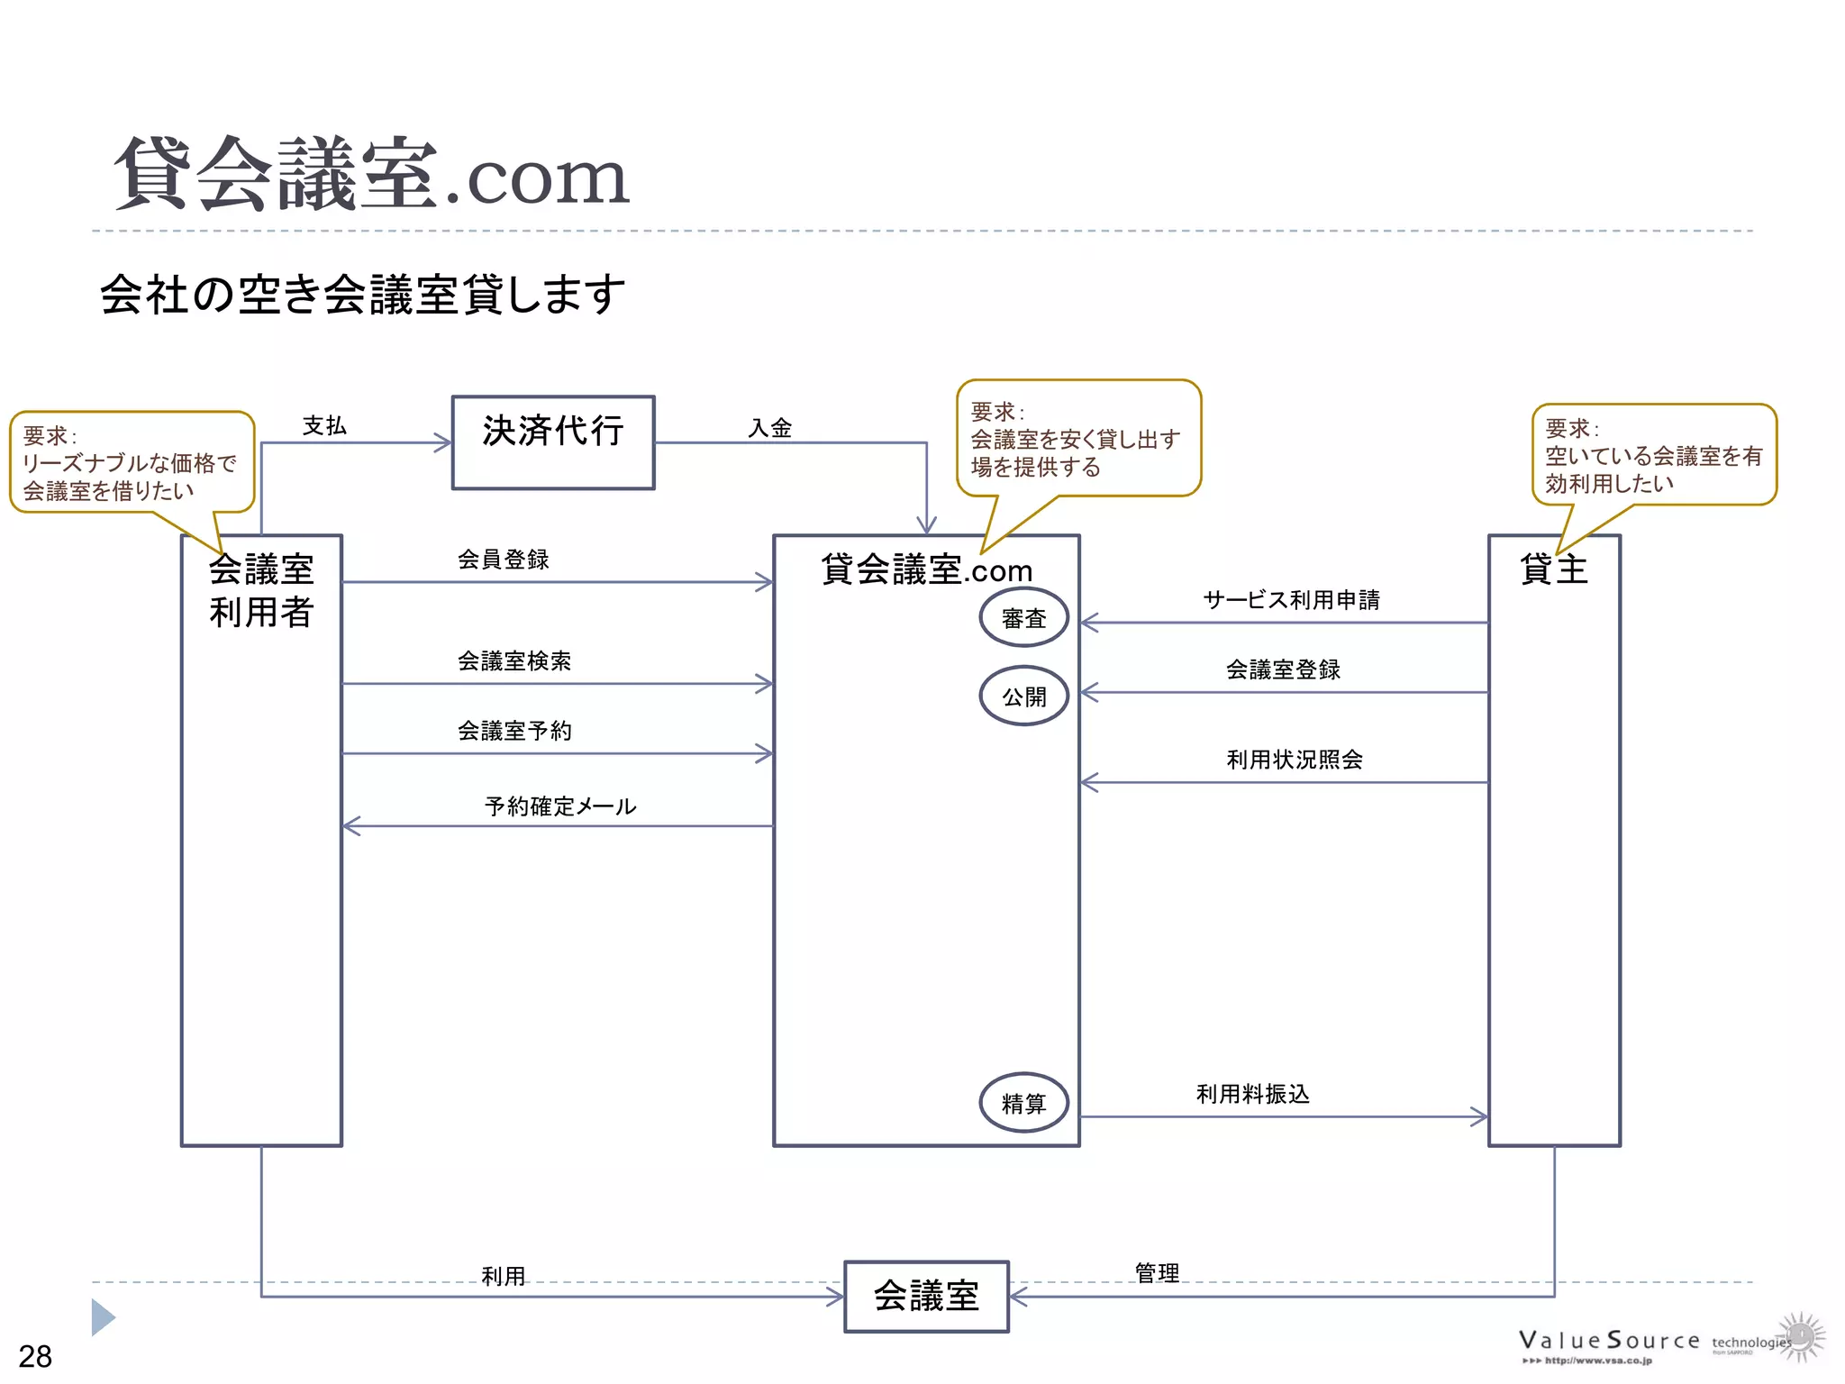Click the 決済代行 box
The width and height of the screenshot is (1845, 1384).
tap(553, 442)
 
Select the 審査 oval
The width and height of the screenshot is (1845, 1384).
tap(1024, 618)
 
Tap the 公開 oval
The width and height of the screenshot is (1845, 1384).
tap(1024, 696)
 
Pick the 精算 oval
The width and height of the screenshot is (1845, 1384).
tap(1024, 1102)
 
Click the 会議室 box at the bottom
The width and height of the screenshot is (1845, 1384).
tap(926, 1296)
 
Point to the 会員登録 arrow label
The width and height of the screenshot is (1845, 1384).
tap(503, 560)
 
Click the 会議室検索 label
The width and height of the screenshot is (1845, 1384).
tap(514, 661)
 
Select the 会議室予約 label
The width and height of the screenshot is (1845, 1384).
tap(514, 731)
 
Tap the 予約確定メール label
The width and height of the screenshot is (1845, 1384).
tap(560, 806)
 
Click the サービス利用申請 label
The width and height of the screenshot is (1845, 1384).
tap(1291, 600)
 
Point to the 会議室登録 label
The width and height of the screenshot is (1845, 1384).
tap(1283, 669)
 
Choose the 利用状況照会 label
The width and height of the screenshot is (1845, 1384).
tap(1295, 760)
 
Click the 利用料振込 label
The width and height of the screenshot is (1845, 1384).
tap(1252, 1094)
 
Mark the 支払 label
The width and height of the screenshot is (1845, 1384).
tap(324, 426)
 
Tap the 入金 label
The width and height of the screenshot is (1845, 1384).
tap(770, 428)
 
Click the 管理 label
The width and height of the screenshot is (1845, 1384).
tap(1157, 1273)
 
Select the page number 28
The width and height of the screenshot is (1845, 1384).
tap(35, 1356)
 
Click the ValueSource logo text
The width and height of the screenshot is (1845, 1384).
tap(1609, 1341)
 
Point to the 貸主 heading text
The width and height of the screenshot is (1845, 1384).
tap(1553, 569)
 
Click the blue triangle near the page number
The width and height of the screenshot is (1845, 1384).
tap(103, 1317)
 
